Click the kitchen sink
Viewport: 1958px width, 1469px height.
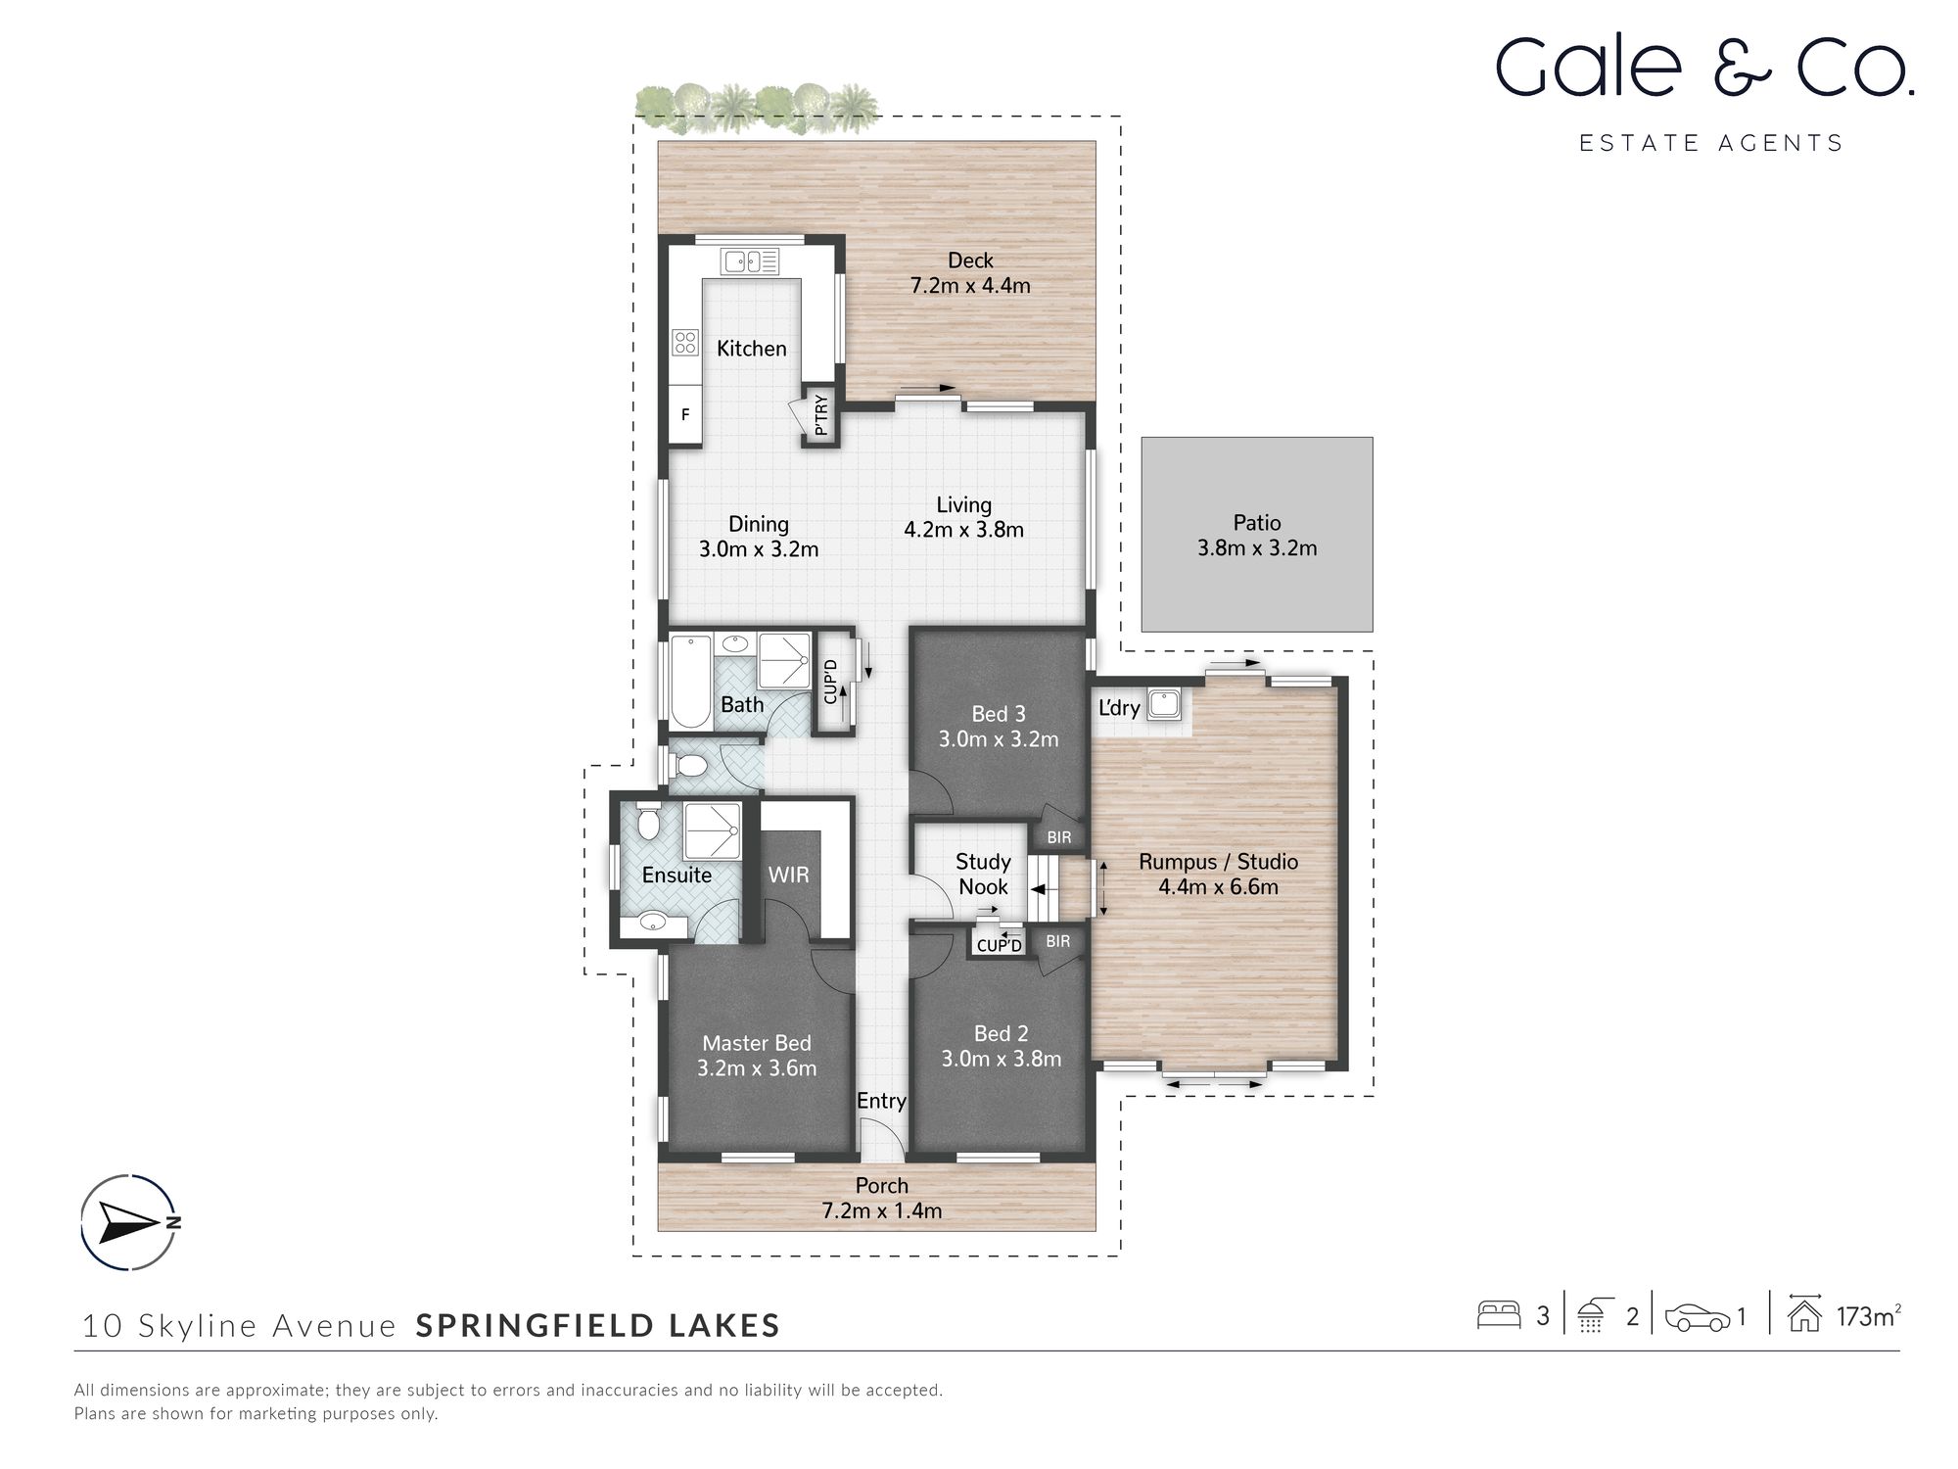click(750, 261)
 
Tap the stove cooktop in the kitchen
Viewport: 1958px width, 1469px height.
click(685, 342)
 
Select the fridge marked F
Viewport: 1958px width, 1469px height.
click(685, 414)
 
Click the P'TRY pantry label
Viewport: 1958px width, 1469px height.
click(821, 415)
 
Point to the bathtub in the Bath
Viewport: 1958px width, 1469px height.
click(690, 683)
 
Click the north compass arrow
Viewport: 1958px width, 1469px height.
click(129, 1222)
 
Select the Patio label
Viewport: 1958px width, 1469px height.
click(1257, 523)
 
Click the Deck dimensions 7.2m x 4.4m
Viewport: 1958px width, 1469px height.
click(970, 286)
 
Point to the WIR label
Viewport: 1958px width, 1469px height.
click(789, 875)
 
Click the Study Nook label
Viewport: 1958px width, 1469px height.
click(983, 875)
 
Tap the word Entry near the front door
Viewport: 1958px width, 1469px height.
click(881, 1101)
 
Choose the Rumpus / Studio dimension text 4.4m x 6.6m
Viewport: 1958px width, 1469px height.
click(1219, 887)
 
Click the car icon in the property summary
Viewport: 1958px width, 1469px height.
click(1698, 1318)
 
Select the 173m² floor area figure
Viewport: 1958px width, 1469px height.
click(1869, 1316)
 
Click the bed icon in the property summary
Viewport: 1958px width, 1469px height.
click(1499, 1314)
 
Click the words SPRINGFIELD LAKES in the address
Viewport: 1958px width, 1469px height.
click(598, 1326)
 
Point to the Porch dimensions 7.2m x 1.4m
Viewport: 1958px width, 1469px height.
click(882, 1211)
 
